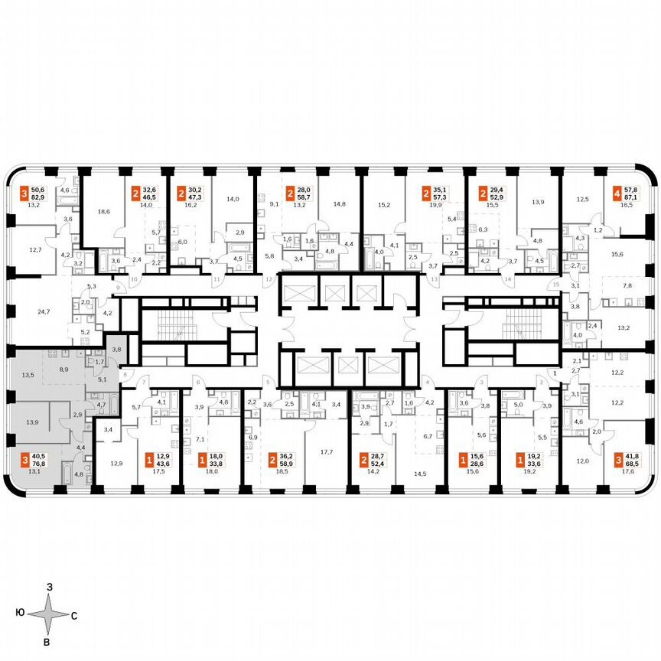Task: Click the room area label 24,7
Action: [44, 311]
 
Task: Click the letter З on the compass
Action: [49, 587]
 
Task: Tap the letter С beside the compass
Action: [73, 614]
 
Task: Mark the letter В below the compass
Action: [47, 641]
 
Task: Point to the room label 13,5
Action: [28, 376]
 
